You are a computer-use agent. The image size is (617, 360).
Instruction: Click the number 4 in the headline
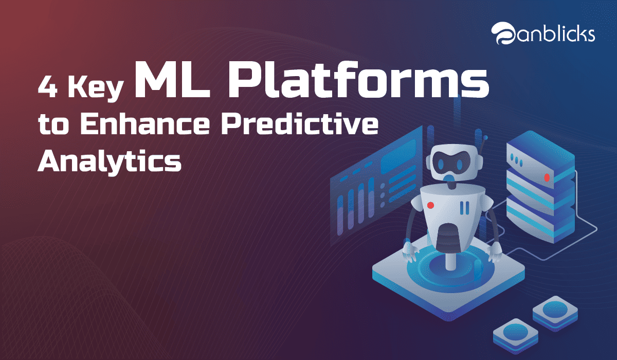(x=48, y=87)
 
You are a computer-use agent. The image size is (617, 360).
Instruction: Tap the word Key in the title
(x=96, y=88)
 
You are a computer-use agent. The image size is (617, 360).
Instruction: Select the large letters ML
(x=172, y=80)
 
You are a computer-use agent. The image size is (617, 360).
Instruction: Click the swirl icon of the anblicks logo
(x=503, y=33)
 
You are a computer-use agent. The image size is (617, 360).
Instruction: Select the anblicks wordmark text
(x=555, y=34)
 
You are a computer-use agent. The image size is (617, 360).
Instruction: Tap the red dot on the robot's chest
(x=430, y=205)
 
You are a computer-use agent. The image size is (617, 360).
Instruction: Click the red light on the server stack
(x=547, y=177)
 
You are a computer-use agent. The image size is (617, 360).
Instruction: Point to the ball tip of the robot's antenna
(x=485, y=137)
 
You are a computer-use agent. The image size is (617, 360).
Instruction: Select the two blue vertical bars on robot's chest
(x=465, y=208)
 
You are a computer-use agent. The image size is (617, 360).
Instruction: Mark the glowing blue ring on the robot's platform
(x=449, y=272)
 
